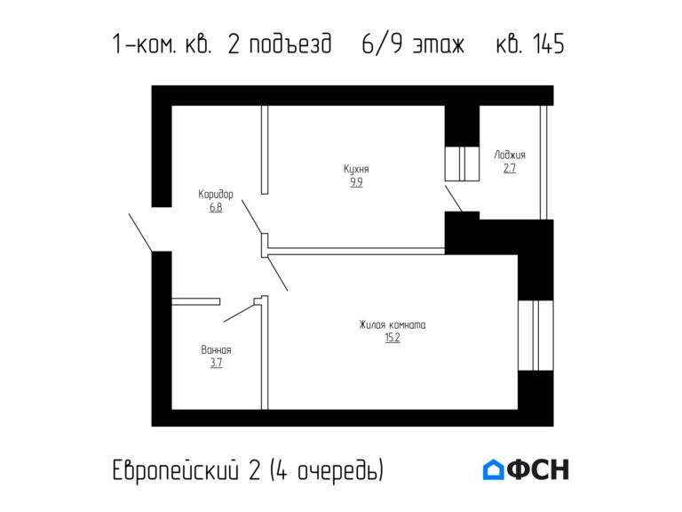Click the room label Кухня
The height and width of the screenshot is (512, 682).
pyautogui.click(x=356, y=169)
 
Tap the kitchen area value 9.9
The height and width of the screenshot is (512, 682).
pyautogui.click(x=356, y=182)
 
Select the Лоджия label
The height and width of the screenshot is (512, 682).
pyautogui.click(x=510, y=155)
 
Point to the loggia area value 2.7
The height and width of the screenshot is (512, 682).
pyautogui.click(x=510, y=168)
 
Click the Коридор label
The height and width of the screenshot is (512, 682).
pyautogui.click(x=216, y=194)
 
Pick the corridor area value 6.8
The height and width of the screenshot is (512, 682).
pyautogui.click(x=216, y=207)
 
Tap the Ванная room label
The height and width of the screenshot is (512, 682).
pyautogui.click(x=216, y=349)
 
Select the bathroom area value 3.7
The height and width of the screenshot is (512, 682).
pyautogui.click(x=216, y=363)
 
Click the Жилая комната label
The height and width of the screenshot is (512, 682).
pyautogui.click(x=393, y=324)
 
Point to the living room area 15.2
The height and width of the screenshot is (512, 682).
pyautogui.click(x=393, y=338)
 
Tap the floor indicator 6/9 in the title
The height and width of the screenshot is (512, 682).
pyautogui.click(x=379, y=44)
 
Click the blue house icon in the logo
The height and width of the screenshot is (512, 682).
pyautogui.click(x=493, y=469)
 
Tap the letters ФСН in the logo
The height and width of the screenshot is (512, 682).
pyautogui.click(x=538, y=469)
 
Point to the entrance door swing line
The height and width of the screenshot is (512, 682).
pyautogui.click(x=140, y=232)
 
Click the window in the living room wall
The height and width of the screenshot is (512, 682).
pyautogui.click(x=535, y=334)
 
